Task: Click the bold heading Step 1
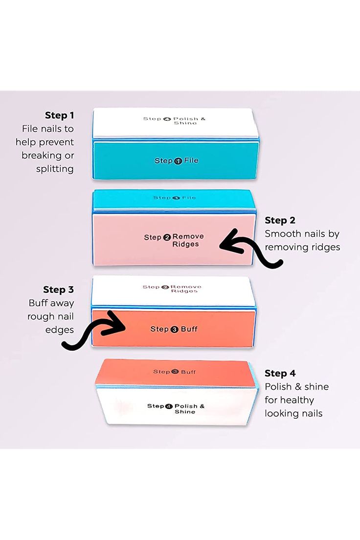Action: (x=59, y=115)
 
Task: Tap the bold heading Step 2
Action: (x=280, y=221)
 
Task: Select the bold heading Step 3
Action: (x=58, y=290)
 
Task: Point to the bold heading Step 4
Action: (x=280, y=373)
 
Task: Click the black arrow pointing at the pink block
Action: (x=253, y=251)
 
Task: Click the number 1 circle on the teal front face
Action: (x=178, y=161)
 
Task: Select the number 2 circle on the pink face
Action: (x=167, y=237)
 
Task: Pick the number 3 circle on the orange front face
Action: (x=174, y=329)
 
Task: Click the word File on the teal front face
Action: (x=191, y=160)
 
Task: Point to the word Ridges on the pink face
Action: (x=185, y=244)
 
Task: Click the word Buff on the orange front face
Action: (x=189, y=329)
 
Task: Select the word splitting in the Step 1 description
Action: (x=55, y=169)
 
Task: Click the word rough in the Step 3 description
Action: (x=39, y=317)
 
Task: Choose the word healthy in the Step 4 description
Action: (x=297, y=400)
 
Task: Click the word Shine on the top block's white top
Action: (x=185, y=123)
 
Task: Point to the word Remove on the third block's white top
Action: (x=186, y=287)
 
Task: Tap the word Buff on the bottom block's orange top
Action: (x=188, y=372)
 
